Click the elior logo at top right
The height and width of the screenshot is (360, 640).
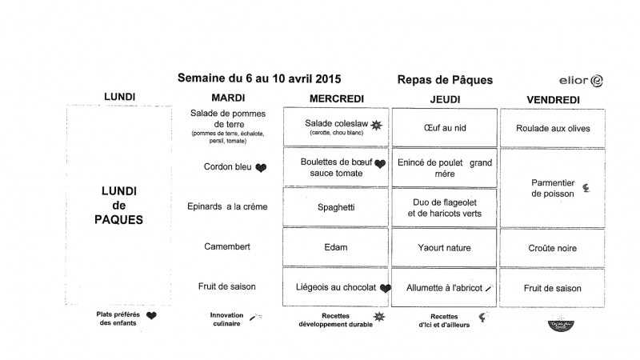pos(580,81)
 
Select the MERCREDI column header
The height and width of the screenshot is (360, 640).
pos(336,98)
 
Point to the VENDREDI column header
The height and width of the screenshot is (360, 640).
pos(553,99)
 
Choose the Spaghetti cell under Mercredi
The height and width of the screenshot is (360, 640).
pos(335,206)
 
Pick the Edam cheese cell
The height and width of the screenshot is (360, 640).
pos(335,247)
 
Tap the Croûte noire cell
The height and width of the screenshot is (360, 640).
pos(553,248)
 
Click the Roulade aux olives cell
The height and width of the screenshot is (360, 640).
pos(553,127)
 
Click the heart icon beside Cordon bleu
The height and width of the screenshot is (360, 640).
pos(261,168)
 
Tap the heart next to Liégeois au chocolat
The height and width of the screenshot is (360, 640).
pos(386,288)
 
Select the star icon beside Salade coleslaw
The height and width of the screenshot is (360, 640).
pos(377,125)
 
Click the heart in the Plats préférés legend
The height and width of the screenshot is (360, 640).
pos(152,316)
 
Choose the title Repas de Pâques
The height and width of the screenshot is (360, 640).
pos(444,79)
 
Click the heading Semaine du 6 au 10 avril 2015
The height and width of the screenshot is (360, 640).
pos(259,78)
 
